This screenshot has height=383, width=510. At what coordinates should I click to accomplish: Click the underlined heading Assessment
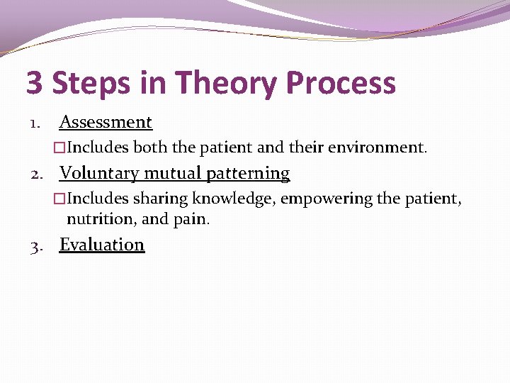(x=106, y=122)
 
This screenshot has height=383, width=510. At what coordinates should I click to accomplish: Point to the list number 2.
(x=35, y=174)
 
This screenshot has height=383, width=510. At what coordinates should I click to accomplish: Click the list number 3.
(x=35, y=246)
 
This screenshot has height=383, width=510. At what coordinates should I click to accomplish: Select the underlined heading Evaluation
(x=102, y=245)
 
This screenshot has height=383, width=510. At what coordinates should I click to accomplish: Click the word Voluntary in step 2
(x=99, y=173)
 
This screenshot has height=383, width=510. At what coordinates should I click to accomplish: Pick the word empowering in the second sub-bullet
(x=327, y=199)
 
